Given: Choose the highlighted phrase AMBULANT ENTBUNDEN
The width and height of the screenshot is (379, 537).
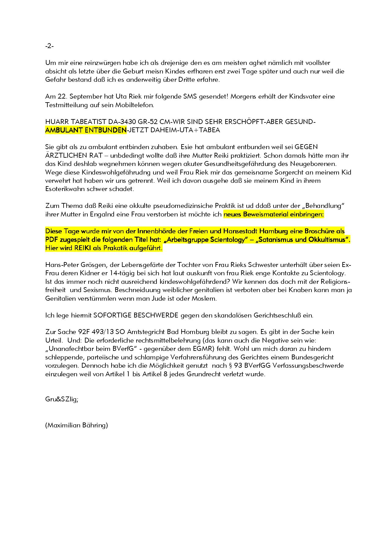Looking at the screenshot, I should [x=86, y=130].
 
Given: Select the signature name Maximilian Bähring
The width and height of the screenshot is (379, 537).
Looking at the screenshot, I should [x=76, y=425].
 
